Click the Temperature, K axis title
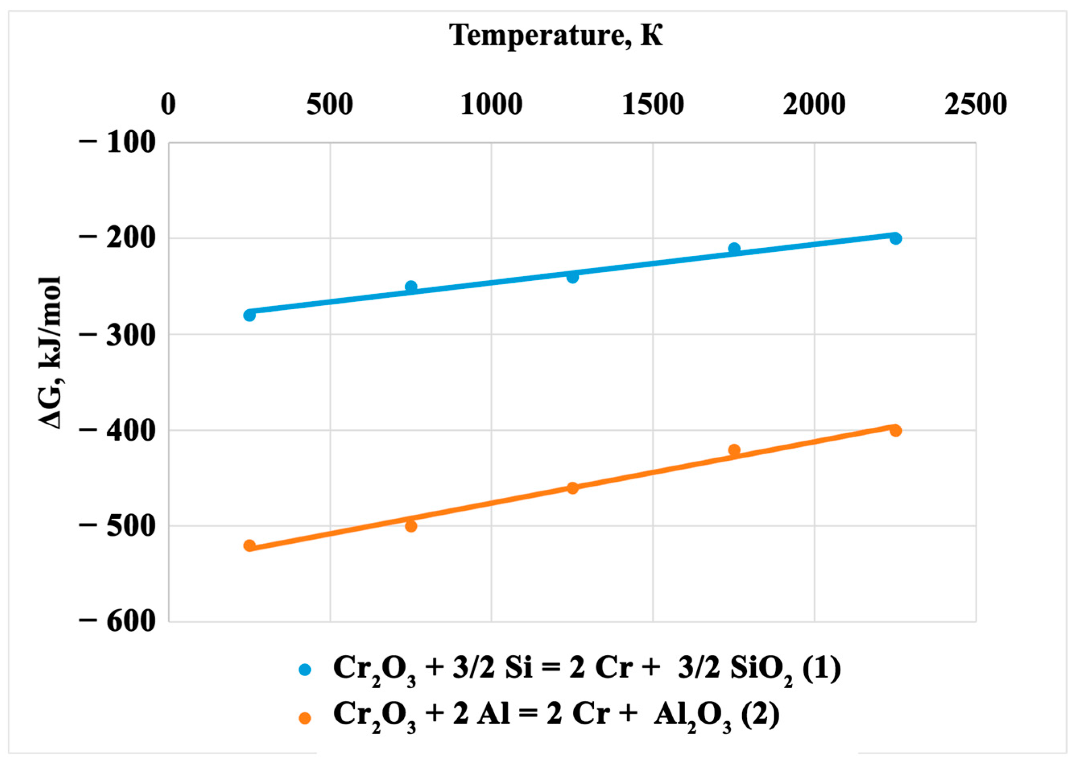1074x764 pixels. click(557, 36)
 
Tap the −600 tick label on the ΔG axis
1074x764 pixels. click(117, 621)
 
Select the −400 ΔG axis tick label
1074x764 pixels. click(117, 430)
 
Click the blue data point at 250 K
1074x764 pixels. click(249, 315)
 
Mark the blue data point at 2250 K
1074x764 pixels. click(896, 238)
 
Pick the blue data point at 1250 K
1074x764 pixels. click(572, 277)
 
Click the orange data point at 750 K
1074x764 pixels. click(411, 526)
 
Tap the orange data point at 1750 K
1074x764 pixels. click(734, 450)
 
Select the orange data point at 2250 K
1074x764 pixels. click(896, 431)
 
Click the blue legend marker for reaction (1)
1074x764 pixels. click(305, 669)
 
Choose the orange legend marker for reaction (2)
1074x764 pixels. click(305, 718)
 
